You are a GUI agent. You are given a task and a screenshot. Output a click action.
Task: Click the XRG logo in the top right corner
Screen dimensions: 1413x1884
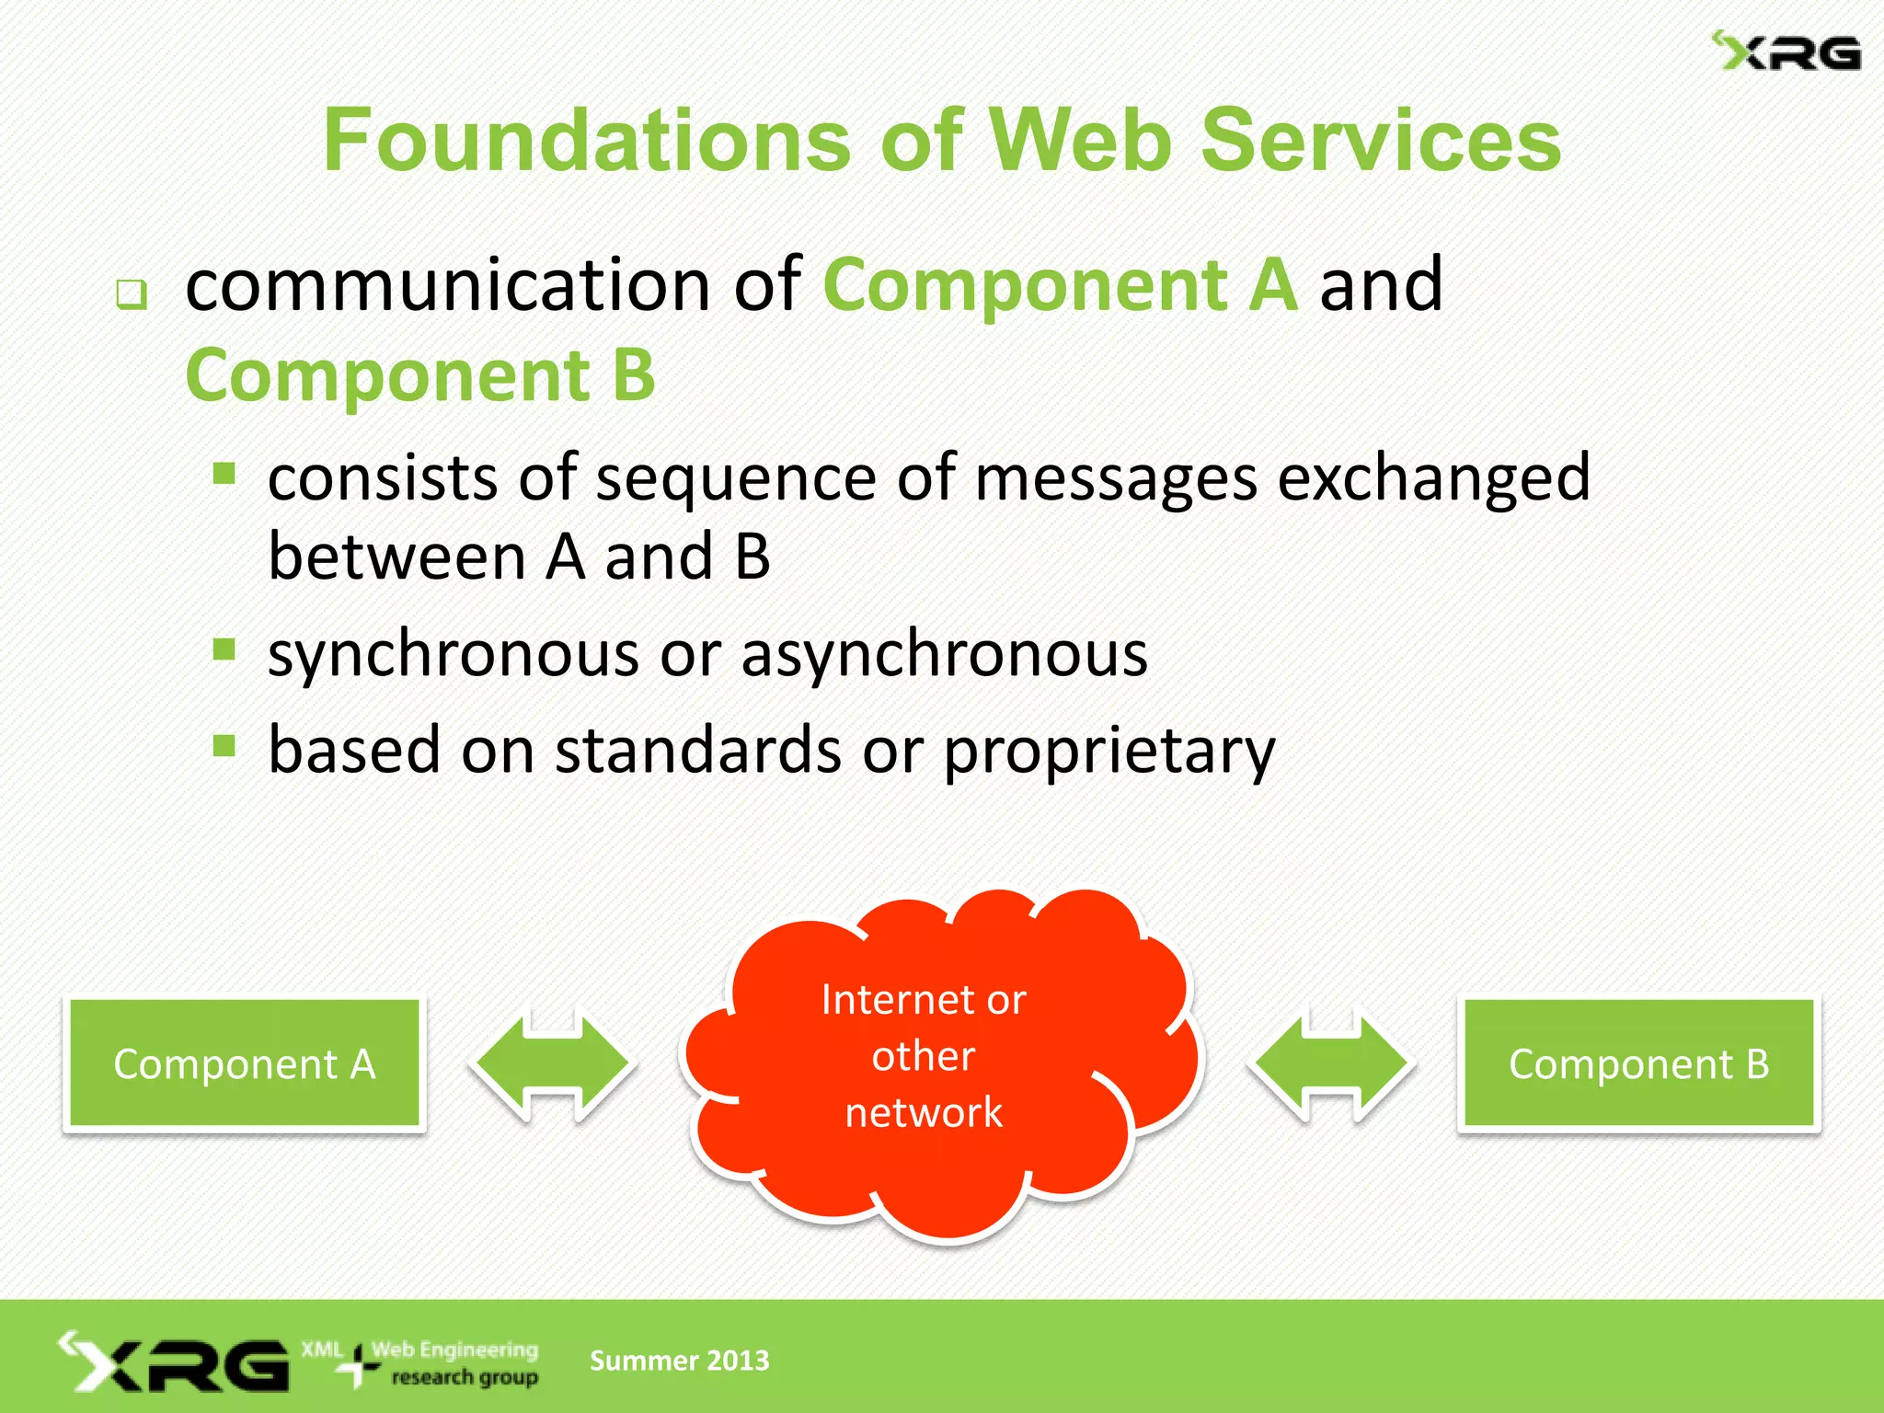click(x=1786, y=52)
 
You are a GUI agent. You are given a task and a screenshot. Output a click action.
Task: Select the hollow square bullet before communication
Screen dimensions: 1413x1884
click(x=132, y=294)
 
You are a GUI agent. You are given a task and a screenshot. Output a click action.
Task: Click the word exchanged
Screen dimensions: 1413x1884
click(x=1434, y=478)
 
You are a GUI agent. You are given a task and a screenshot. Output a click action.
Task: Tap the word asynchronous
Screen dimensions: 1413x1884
click(x=945, y=654)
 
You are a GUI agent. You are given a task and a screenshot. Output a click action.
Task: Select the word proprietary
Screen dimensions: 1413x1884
click(x=1109, y=751)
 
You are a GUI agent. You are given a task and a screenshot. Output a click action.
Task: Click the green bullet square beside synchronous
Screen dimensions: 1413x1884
click(x=224, y=649)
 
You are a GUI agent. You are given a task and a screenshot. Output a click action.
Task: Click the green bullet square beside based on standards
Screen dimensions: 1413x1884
click(x=224, y=745)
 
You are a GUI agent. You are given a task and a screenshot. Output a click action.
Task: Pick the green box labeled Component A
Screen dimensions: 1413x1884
click(x=245, y=1063)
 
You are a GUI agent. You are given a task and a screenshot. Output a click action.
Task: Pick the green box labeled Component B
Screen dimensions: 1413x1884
click(x=1638, y=1063)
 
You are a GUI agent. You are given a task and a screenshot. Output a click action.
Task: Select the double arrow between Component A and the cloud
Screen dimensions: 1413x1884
click(x=553, y=1063)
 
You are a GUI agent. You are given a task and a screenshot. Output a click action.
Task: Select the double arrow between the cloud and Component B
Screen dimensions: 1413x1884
click(x=1331, y=1063)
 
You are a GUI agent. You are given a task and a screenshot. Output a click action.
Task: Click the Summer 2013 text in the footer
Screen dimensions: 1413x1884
click(x=679, y=1361)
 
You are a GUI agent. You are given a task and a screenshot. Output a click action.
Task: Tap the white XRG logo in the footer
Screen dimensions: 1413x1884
click(x=175, y=1362)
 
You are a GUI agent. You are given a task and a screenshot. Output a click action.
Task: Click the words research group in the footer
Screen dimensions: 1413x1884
click(x=465, y=1377)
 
